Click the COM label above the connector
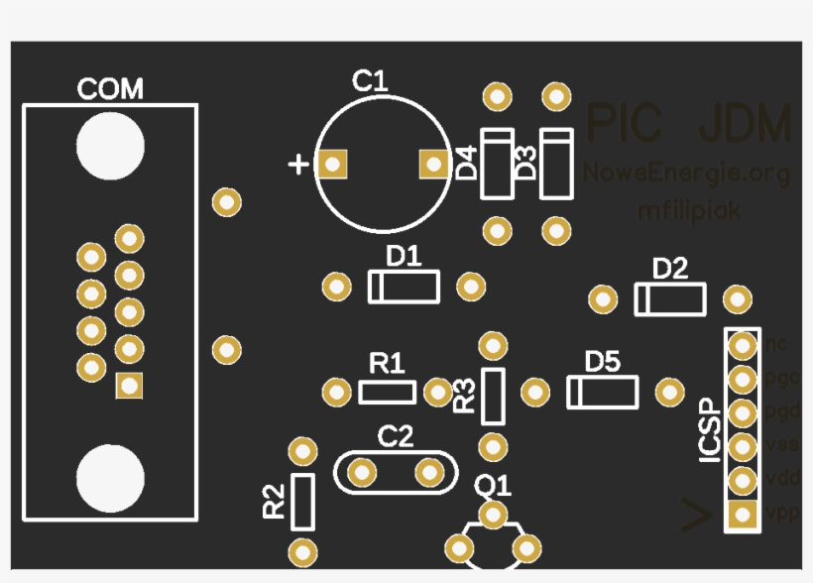pos(110,89)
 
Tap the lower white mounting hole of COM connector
pos(110,477)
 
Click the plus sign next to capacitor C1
pos(297,165)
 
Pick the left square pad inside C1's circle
pos(334,164)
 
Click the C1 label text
pos(370,81)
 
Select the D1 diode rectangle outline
pos(404,288)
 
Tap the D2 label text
pos(670,269)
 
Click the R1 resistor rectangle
pos(387,393)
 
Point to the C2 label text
pos(397,435)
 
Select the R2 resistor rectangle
pos(301,501)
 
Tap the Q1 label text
pos(493,486)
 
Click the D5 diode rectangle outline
pos(602,393)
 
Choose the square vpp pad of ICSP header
pos(742,514)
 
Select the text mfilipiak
pos(688,211)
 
